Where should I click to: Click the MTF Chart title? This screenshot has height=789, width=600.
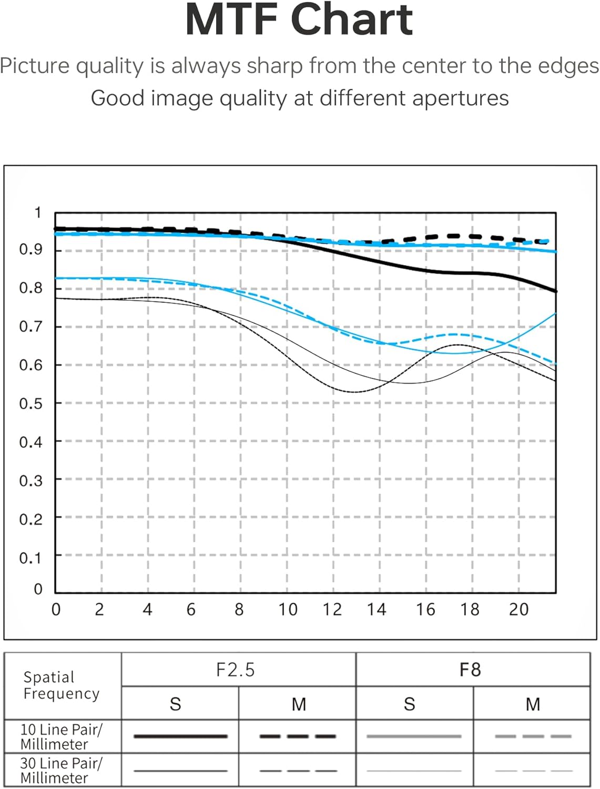(299, 19)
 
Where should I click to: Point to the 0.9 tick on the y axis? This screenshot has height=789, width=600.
(30, 249)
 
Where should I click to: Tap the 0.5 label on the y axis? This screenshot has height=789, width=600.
(30, 404)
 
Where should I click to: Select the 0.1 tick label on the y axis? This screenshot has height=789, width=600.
(30, 558)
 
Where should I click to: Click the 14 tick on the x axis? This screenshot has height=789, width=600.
(377, 610)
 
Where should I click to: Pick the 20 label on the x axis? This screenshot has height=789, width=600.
(518, 610)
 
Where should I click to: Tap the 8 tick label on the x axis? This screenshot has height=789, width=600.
(239, 610)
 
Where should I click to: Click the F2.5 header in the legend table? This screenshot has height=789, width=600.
(236, 670)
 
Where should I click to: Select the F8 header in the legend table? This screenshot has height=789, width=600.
(470, 670)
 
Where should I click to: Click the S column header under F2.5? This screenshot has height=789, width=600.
(176, 704)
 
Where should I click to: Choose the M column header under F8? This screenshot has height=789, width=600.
(533, 704)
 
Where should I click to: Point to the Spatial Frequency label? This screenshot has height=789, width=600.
(62, 685)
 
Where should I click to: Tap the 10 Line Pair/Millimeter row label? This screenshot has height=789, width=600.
(61, 737)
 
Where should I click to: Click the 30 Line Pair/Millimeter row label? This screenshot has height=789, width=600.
(61, 771)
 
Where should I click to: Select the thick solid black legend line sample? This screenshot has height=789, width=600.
(180, 736)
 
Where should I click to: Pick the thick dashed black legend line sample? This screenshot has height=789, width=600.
(298, 736)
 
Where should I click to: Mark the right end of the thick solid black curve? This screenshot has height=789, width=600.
(555, 291)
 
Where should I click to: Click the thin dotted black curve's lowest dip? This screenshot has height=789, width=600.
(355, 392)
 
